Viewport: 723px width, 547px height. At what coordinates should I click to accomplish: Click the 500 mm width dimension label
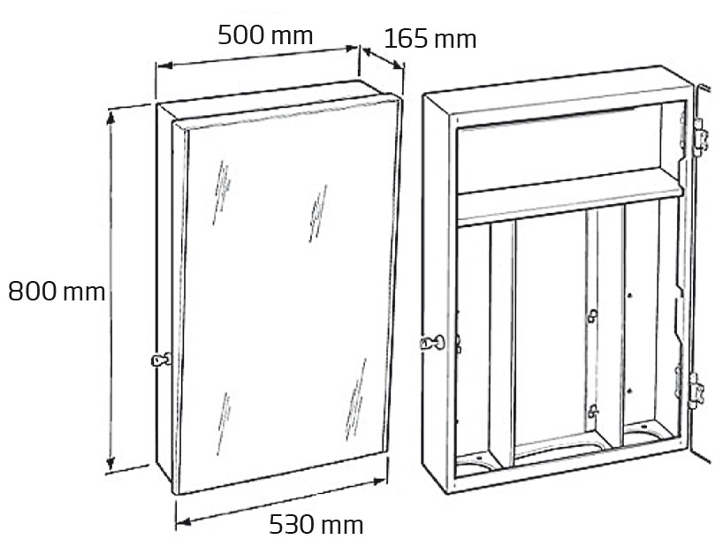pyautogui.click(x=265, y=35)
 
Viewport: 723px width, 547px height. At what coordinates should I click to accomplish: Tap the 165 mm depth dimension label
pyautogui.click(x=430, y=39)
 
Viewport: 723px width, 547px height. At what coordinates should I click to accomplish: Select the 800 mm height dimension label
pyautogui.click(x=57, y=292)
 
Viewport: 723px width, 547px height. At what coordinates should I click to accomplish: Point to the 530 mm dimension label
pyautogui.click(x=316, y=524)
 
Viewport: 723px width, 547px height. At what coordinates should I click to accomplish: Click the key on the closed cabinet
pyautogui.click(x=161, y=360)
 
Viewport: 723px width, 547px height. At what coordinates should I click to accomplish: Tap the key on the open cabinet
pyautogui.click(x=432, y=342)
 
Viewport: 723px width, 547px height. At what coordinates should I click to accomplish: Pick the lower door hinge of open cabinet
pyautogui.click(x=696, y=391)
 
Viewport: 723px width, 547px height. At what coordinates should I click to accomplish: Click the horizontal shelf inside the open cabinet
pyautogui.click(x=569, y=198)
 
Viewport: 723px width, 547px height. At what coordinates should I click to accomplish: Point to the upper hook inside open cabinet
pyautogui.click(x=592, y=316)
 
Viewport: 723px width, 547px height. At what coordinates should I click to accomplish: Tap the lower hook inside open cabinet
pyautogui.click(x=592, y=411)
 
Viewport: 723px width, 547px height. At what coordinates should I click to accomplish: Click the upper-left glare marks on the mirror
pyautogui.click(x=221, y=193)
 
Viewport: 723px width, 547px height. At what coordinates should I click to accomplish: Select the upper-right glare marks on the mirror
pyautogui.click(x=318, y=213)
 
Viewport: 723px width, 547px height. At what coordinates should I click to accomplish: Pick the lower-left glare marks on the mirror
pyautogui.click(x=224, y=424)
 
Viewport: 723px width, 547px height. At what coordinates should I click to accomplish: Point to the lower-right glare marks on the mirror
pyautogui.click(x=355, y=399)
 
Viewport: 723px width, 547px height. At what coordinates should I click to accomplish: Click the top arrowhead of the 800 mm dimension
pyautogui.click(x=110, y=118)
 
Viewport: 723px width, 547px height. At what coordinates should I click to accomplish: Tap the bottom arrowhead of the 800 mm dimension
pyautogui.click(x=110, y=463)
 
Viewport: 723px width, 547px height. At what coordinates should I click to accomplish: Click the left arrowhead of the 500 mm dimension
pyautogui.click(x=164, y=65)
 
